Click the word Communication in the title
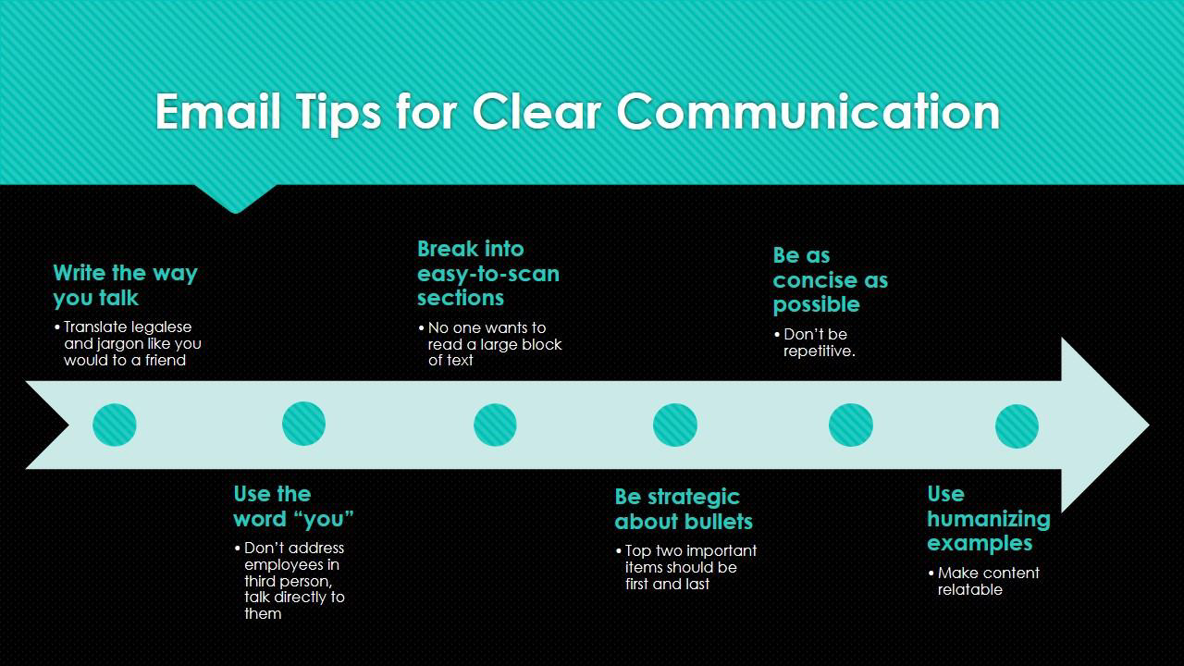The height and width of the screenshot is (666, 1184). click(x=808, y=112)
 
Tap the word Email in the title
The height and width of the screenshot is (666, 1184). click(x=217, y=112)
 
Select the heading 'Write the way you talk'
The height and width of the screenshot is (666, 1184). click(x=125, y=286)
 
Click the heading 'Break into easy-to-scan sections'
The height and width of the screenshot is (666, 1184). click(x=487, y=273)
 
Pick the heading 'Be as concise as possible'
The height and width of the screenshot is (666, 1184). click(x=831, y=280)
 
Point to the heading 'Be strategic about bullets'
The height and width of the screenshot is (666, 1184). click(x=684, y=509)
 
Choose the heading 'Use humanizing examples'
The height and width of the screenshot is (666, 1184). click(x=989, y=519)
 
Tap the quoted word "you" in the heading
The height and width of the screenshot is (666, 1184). click(x=327, y=519)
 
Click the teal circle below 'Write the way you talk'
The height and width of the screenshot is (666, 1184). click(x=114, y=425)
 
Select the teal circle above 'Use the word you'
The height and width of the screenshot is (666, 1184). click(x=303, y=424)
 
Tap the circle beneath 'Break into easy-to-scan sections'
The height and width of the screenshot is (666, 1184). click(x=495, y=425)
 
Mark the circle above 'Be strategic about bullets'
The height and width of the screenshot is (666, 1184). click(x=675, y=425)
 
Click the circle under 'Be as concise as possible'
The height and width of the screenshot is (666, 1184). click(x=850, y=425)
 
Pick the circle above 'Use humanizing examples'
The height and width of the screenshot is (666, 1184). click(x=1017, y=426)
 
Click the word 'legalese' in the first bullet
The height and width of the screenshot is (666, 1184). click(x=161, y=327)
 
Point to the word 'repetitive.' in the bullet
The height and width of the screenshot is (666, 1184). click(x=820, y=351)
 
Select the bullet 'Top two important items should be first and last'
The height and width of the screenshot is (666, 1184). click(x=686, y=567)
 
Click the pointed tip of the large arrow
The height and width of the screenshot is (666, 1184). click(x=1148, y=425)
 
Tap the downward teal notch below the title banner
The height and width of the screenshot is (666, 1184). click(x=236, y=199)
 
